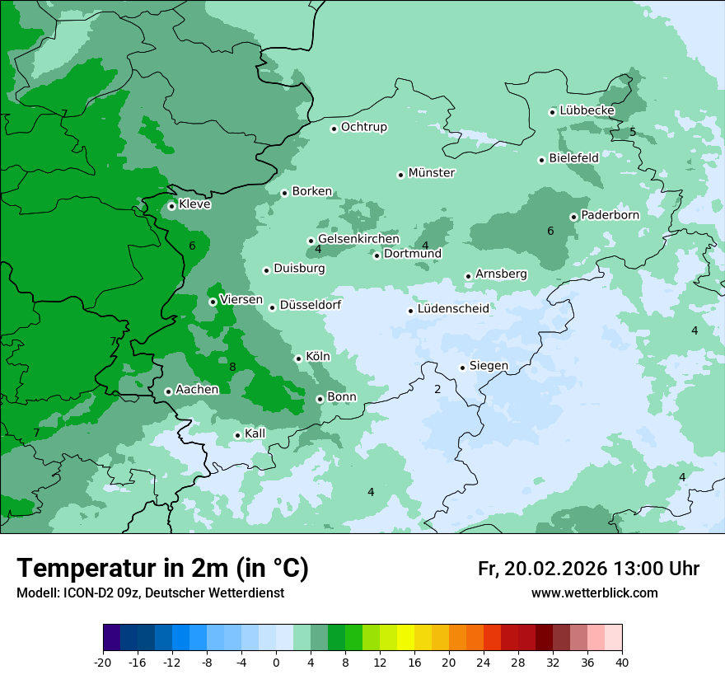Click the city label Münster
coord(432,173)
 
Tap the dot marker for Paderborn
coord(573,217)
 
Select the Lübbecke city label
coord(587,110)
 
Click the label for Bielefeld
coord(573,157)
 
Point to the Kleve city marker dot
coord(171,206)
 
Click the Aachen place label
coord(197,389)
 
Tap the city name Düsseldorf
coord(311,305)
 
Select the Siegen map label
coord(489,365)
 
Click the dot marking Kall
coord(237,435)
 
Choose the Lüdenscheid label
coord(453,309)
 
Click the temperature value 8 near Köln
coord(232,368)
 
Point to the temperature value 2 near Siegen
coord(437,389)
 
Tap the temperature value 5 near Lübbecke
coord(633,132)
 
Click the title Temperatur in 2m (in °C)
coord(162,569)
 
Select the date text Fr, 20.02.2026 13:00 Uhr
coord(588,569)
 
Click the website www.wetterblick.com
coord(594,593)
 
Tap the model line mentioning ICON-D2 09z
coord(150,593)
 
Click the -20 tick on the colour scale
coord(103,663)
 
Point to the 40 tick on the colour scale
coord(622,663)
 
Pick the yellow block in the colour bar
coord(405,638)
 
